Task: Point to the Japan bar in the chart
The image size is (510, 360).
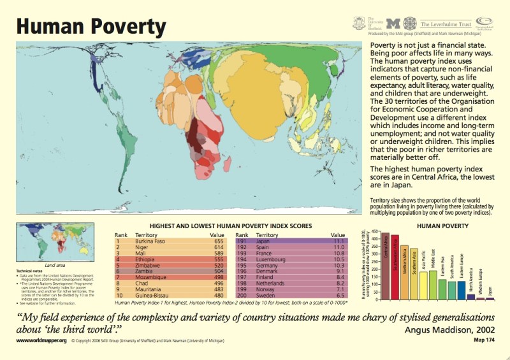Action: coord(490,298)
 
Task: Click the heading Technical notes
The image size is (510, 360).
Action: coord(29,271)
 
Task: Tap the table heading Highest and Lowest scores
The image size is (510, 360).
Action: coord(229,226)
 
